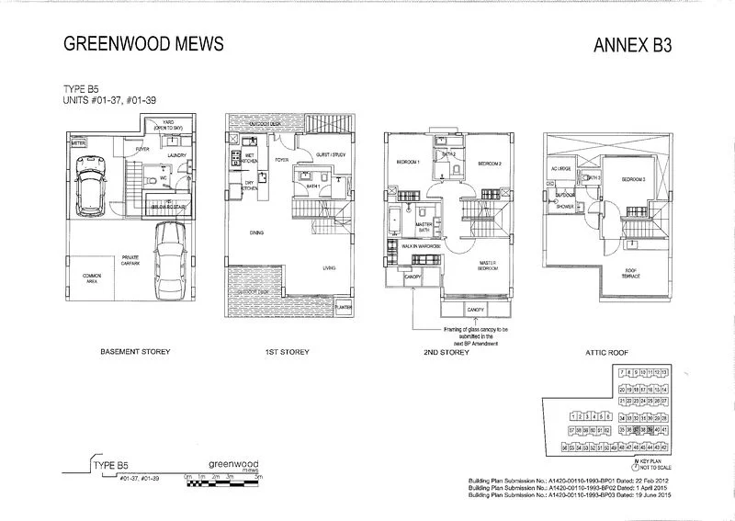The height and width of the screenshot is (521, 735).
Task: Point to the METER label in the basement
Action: point(78,143)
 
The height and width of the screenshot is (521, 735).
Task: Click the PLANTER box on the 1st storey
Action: point(345,307)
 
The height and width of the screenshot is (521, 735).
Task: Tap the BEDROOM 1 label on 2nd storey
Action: point(407,163)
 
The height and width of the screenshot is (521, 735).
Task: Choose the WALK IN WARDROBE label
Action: point(422,247)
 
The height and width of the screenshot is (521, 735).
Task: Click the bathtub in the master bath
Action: point(394,223)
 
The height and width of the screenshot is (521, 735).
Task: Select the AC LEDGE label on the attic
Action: point(561,169)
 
